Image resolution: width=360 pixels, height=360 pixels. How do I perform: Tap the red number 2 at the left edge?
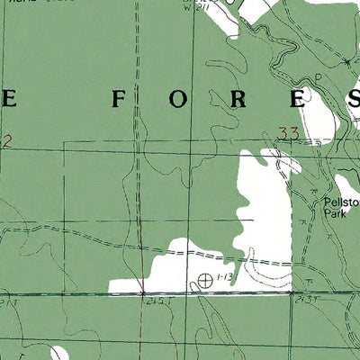click(x=6, y=140)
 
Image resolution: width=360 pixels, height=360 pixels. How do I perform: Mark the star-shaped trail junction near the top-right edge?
click(x=347, y=61)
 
